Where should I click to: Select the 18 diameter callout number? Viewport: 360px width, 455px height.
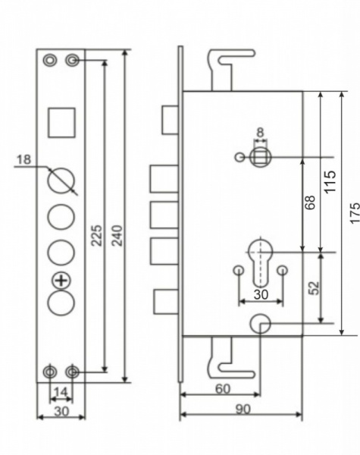point(23,159)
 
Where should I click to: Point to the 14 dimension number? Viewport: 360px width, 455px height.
point(61,392)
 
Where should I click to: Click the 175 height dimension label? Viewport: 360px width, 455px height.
point(355,213)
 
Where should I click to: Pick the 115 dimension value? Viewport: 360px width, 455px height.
point(330,182)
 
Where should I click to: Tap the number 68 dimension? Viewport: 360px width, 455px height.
point(310,202)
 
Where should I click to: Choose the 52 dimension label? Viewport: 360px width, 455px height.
point(314,288)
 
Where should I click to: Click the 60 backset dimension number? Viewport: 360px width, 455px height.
point(223,389)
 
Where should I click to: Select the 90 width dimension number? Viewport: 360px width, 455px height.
point(243,409)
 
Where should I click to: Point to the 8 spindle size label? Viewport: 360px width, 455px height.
point(260,132)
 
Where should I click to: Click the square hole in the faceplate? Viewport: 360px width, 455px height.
point(61,122)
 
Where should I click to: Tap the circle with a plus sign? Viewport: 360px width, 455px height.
point(61,281)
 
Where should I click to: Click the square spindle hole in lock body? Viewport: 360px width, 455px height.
point(260,157)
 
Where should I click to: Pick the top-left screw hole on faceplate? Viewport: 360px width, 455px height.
point(50,61)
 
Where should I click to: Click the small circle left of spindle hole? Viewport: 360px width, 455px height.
point(239,157)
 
